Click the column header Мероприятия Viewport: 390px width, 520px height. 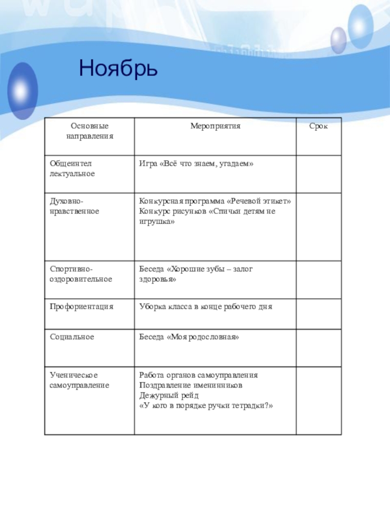click(215, 126)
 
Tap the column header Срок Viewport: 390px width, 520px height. click(318, 126)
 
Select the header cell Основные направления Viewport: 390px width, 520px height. click(89, 132)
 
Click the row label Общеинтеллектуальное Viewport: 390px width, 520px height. click(72, 169)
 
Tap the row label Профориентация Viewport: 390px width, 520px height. click(81, 307)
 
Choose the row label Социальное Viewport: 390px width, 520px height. click(72, 337)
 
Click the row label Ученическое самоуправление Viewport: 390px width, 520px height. click(79, 380)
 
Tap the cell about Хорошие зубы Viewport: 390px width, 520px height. click(196, 274)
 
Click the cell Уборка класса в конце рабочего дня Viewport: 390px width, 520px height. click(206, 307)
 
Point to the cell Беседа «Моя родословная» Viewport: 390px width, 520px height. click(189, 337)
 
